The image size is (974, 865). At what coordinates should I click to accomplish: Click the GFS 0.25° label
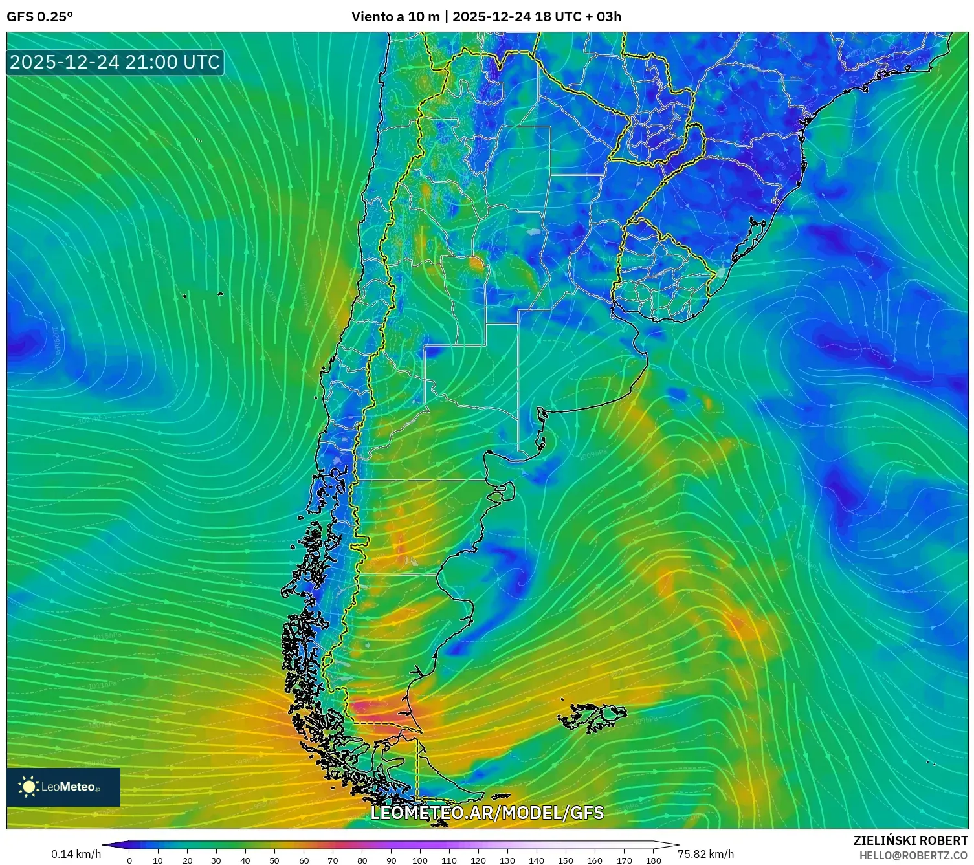39,17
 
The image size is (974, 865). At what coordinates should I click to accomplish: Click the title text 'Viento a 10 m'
395,17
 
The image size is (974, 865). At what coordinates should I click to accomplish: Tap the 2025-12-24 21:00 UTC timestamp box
115,62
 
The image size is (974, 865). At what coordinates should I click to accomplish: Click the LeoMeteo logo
63,787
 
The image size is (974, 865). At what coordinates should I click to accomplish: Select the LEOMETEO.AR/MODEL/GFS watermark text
487,813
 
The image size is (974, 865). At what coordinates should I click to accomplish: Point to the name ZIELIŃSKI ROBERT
910,840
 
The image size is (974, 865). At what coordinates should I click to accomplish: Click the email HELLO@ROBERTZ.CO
913,855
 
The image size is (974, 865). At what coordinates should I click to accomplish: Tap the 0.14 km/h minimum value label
76,854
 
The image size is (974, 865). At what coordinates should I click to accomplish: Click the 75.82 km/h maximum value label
705,854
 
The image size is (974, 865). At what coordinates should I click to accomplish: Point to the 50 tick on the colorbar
274,860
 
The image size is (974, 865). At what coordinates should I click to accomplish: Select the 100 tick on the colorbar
420,860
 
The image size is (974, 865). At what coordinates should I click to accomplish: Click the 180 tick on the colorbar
653,860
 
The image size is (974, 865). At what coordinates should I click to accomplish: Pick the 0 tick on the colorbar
129,860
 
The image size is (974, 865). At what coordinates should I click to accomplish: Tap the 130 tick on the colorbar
507,860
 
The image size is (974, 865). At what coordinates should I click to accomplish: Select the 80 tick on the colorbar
362,860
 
